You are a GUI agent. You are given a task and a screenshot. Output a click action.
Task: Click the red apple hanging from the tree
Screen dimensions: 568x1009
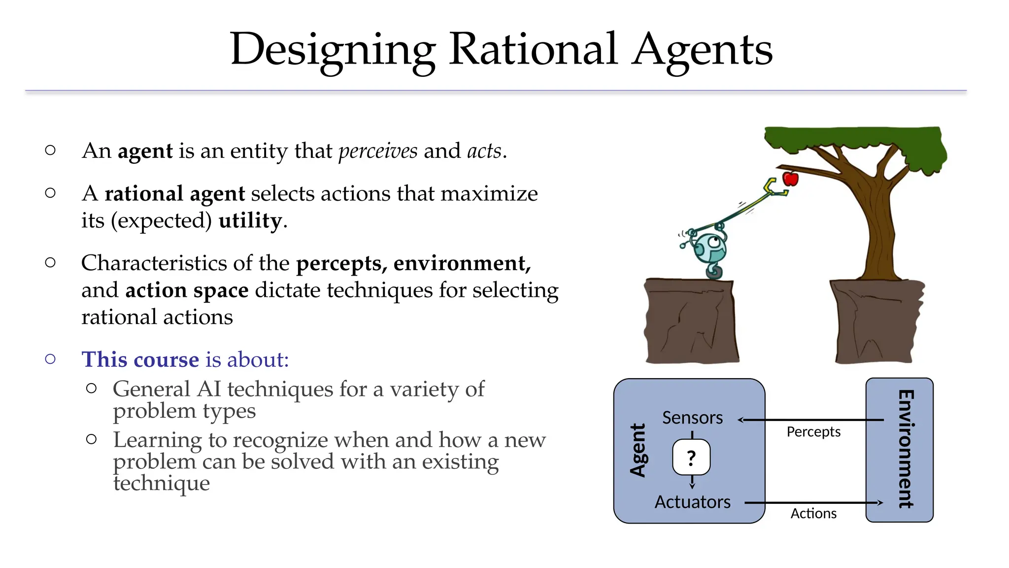(790, 178)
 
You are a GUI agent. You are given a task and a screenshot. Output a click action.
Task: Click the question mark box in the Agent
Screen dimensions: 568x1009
(691, 458)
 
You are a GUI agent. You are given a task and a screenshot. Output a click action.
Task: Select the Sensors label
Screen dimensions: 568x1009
(692, 418)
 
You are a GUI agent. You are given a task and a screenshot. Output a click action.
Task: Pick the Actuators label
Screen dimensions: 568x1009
(692, 502)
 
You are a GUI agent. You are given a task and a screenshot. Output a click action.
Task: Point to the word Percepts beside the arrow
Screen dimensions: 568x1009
(813, 432)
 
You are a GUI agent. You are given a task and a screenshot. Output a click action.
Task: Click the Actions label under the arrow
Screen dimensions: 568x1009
(813, 514)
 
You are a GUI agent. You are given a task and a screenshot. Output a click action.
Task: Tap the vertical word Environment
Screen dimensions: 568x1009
(906, 449)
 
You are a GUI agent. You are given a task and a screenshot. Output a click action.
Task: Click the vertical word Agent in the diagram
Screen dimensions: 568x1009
(638, 450)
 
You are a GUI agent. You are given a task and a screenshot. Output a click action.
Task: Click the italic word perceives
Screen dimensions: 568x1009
(378, 151)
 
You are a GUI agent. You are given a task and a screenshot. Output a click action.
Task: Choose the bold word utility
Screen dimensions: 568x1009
(250, 220)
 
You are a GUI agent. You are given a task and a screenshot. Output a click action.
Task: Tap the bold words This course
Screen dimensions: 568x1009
(140, 359)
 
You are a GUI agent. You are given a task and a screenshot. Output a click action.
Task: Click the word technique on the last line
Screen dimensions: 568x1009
(162, 483)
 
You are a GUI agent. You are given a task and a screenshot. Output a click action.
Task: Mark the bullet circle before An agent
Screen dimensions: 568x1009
(50, 150)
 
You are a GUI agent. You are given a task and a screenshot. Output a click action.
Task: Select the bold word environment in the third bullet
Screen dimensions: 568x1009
(462, 263)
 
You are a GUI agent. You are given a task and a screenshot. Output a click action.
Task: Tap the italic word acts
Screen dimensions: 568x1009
(484, 151)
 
